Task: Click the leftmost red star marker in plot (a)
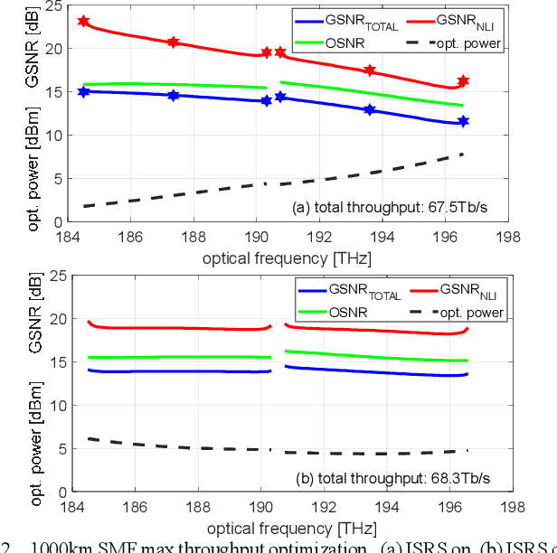pos(84,21)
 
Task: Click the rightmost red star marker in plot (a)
pos(463,81)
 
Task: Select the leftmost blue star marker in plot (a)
pos(84,91)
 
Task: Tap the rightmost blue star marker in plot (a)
pos(463,120)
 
